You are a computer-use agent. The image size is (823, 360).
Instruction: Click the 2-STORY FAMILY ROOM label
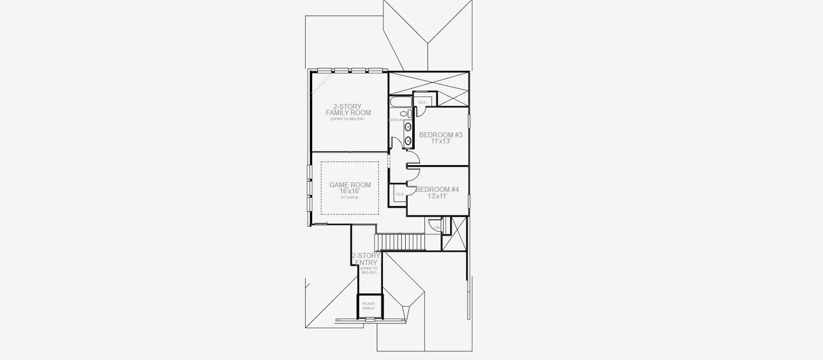(348, 110)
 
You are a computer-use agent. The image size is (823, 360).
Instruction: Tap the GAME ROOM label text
(350, 185)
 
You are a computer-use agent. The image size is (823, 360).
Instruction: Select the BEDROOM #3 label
(441, 135)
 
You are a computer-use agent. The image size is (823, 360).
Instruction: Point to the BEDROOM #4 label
(438, 190)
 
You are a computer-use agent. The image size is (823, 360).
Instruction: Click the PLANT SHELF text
(369, 306)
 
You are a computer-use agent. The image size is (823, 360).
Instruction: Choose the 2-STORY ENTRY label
(366, 259)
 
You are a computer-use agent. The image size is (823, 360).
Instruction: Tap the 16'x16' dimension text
(349, 191)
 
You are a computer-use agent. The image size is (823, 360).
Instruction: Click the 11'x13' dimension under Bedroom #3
(441, 142)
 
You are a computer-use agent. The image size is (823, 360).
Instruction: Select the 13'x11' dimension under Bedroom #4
(438, 196)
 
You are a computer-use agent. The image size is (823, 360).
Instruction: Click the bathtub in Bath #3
(399, 103)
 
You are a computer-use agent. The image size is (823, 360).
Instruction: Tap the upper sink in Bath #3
(408, 127)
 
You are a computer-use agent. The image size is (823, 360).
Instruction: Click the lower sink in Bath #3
(408, 140)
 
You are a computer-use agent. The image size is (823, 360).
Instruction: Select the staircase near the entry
(400, 242)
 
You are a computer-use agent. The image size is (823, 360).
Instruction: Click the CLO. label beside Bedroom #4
(399, 194)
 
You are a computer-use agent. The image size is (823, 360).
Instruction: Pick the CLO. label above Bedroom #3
(422, 102)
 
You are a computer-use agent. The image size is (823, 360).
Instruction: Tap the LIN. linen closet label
(436, 227)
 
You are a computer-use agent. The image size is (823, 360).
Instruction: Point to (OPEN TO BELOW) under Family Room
(347, 119)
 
